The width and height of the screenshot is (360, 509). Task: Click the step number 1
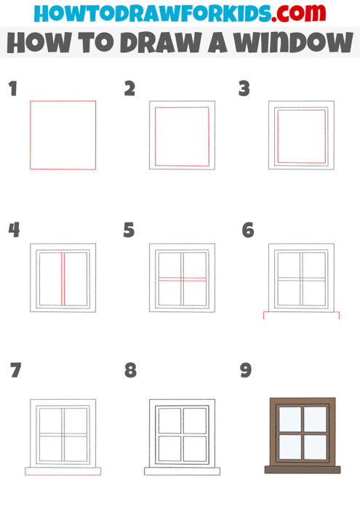pyautogui.click(x=12, y=89)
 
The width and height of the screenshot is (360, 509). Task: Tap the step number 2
pyautogui.click(x=130, y=89)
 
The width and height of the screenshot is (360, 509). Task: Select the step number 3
pyautogui.click(x=244, y=89)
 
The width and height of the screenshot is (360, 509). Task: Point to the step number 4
pyautogui.click(x=14, y=231)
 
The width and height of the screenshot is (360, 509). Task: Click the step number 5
pyautogui.click(x=129, y=231)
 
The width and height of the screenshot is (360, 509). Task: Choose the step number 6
pyautogui.click(x=247, y=231)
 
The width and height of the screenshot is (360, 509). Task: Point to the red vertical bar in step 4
pyautogui.click(x=63, y=278)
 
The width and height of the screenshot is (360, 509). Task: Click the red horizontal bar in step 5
pyautogui.click(x=182, y=278)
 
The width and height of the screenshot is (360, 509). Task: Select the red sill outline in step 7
pyautogui.click(x=63, y=470)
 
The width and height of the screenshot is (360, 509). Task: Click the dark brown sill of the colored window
pyautogui.click(x=302, y=470)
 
